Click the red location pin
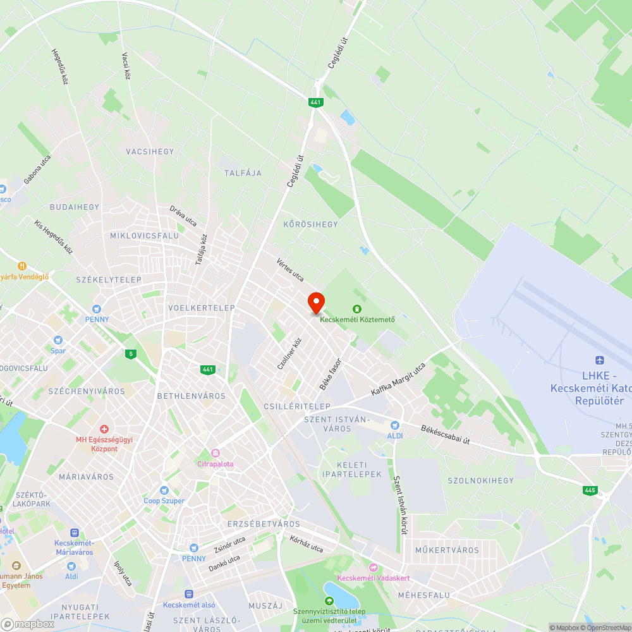point(316,301)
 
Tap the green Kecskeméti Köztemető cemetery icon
point(357,308)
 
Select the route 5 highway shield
point(131,353)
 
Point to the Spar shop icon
point(58,340)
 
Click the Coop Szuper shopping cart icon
point(164,490)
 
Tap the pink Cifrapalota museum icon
point(216,453)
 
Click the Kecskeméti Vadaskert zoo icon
point(373,568)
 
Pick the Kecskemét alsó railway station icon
point(188,594)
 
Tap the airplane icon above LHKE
point(600,361)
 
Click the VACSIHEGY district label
point(150,152)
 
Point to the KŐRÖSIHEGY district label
point(310,224)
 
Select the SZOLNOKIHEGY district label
point(481,481)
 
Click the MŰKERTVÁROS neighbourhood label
point(447,550)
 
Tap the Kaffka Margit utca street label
point(398,380)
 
